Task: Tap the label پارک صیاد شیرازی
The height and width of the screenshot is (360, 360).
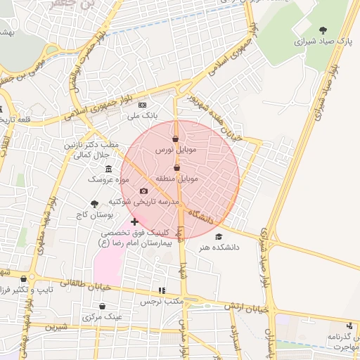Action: pos(323,41)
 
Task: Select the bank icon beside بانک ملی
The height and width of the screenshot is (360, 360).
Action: pos(143,105)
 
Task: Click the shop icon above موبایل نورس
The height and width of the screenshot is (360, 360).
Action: pos(175,139)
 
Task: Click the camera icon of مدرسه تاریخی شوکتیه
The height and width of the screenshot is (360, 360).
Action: pos(143,191)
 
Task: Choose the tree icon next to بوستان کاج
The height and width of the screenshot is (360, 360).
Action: pos(94,202)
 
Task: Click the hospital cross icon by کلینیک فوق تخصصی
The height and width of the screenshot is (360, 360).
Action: pos(134,221)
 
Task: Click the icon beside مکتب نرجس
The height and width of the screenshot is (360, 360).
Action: pos(162,290)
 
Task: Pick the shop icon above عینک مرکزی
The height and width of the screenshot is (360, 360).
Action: pos(103,306)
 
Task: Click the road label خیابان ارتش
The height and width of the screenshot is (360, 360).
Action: pos(247,307)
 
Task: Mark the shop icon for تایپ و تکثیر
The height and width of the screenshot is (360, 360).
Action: pos(23,278)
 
